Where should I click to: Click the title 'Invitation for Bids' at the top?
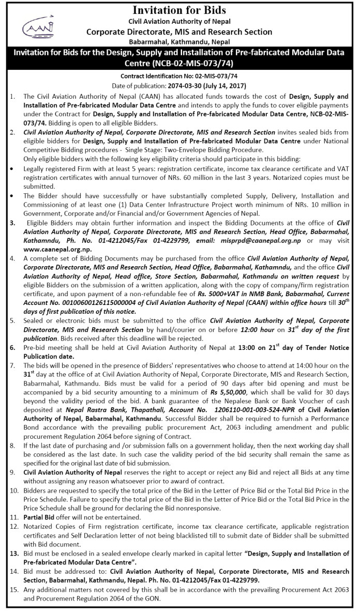(179, 10)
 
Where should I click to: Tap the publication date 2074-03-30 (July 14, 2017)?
(205, 85)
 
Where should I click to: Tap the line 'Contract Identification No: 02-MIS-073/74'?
(179, 76)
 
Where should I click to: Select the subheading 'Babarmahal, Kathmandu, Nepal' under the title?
(179, 41)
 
